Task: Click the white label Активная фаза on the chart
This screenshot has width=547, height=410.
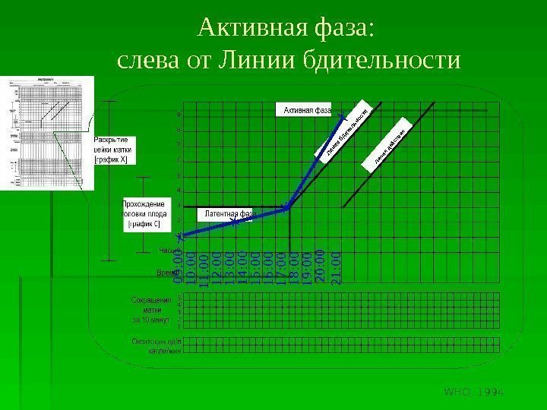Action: click(x=308, y=111)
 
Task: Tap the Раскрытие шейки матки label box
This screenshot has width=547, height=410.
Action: click(x=115, y=150)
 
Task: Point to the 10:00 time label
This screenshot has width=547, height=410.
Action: click(x=191, y=270)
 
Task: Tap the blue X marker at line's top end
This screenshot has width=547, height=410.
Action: click(x=343, y=115)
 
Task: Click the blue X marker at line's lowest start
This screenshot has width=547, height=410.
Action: click(x=182, y=237)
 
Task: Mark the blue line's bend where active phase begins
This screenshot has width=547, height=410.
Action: click(x=287, y=207)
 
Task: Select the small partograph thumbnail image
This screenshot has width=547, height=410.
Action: click(x=47, y=133)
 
